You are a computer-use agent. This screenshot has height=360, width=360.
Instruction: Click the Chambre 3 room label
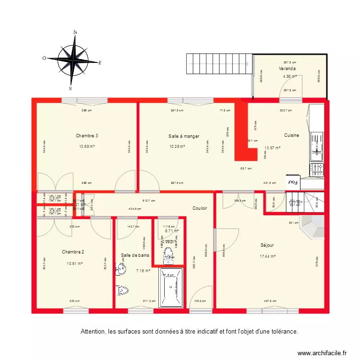coord(87,136)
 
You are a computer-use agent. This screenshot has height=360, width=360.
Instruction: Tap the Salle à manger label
coord(184,136)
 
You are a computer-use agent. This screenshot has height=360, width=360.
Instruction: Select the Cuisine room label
coord(291,135)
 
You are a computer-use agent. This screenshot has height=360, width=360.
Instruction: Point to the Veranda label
coord(288,69)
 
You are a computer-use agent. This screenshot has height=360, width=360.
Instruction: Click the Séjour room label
coord(267,245)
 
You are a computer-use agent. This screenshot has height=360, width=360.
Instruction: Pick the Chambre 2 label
coord(73,252)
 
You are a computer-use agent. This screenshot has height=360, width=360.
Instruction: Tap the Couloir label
coord(200,208)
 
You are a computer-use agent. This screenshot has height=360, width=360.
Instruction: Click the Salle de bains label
coord(135,255)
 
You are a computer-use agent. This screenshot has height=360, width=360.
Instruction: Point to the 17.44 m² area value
coord(267,256)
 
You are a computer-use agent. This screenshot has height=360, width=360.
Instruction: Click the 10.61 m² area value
coord(74,263)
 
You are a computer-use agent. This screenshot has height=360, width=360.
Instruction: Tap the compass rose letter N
coord(75,33)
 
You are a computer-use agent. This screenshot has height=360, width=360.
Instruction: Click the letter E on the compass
coord(100,62)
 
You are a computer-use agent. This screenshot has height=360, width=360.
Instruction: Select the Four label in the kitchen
coord(292,182)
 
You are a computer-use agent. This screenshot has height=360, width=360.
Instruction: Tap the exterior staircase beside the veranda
coord(218,63)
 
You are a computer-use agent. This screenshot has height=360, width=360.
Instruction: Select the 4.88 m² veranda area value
coord(289,76)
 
